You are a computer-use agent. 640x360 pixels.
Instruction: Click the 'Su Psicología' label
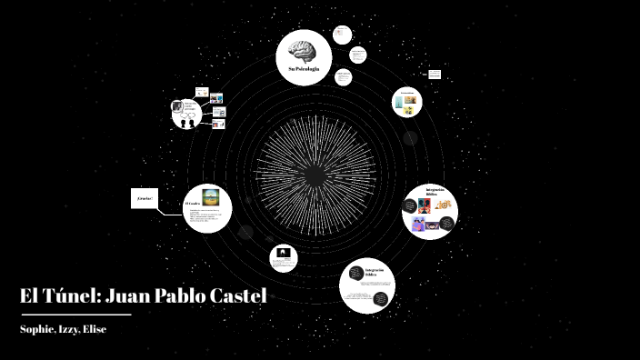pyautogui.click(x=304, y=70)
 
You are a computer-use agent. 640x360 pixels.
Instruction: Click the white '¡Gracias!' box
pyautogui.click(x=144, y=198)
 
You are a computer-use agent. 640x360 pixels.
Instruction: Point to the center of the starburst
pyautogui.click(x=314, y=173)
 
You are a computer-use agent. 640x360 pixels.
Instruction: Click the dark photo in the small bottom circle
pyautogui.click(x=284, y=255)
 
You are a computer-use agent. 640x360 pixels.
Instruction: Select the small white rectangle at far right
pyautogui.click(x=435, y=73)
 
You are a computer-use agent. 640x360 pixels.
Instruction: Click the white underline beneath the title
pyautogui.click(x=75, y=315)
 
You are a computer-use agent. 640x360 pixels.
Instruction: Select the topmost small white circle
pyautogui.click(x=342, y=35)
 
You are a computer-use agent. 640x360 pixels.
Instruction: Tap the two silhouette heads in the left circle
pyautogui.click(x=187, y=123)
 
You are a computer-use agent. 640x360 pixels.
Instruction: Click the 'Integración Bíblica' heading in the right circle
pyautogui.click(x=434, y=193)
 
